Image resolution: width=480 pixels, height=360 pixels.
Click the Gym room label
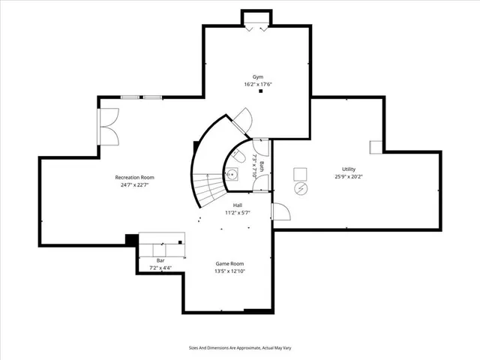[258, 76]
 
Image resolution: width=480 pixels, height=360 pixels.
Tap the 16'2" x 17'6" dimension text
[258, 84]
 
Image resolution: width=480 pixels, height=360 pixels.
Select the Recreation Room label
[139, 177]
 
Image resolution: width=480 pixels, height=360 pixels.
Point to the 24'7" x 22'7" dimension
[139, 184]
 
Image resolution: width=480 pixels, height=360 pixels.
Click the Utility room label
[349, 169]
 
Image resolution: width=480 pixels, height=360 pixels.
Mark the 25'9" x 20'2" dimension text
[349, 177]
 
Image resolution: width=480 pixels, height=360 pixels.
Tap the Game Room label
[229, 263]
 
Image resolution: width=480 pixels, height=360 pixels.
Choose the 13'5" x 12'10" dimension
[229, 271]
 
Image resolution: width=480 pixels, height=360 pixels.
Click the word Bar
[160, 260]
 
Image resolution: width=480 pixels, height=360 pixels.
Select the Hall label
[237, 205]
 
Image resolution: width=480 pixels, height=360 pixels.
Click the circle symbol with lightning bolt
[301, 188]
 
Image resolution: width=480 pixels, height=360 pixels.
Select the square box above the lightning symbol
[300, 173]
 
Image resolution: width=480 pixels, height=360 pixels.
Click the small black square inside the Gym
[261, 91]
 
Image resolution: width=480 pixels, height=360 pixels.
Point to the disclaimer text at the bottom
[240, 348]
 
